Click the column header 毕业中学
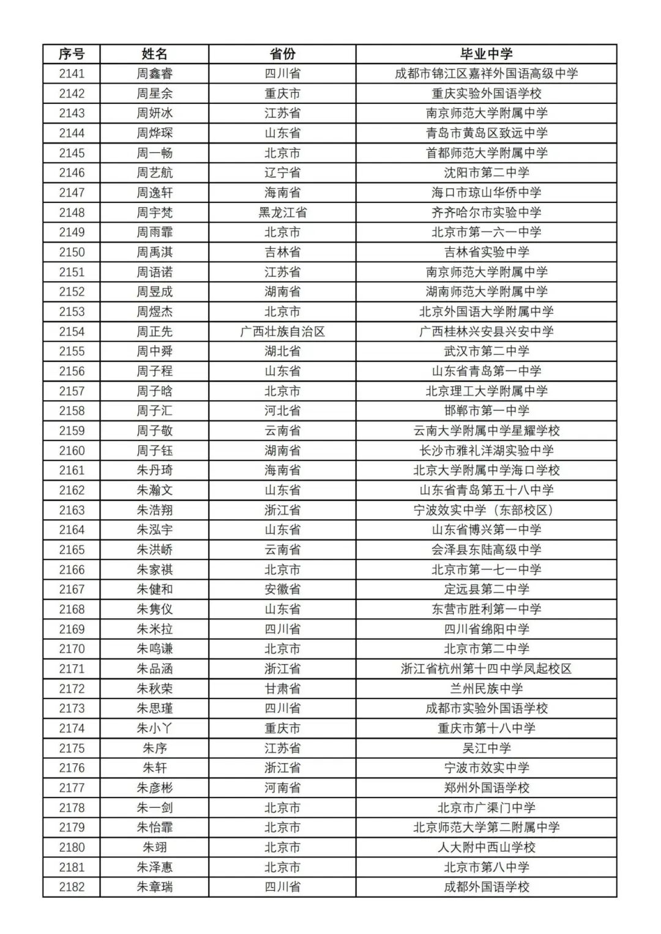(486, 54)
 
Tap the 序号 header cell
(72, 54)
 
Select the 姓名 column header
(154, 54)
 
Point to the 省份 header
(282, 54)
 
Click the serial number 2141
(72, 73)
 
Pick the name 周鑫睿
(154, 73)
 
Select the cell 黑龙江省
(282, 212)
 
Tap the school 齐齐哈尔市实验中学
(486, 212)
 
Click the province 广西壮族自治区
(282, 332)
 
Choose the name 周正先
(154, 332)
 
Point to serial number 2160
(72, 451)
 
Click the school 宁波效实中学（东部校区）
(486, 510)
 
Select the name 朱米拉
(154, 629)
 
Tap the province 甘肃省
(282, 689)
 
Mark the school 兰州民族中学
(486, 689)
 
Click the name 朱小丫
(154, 728)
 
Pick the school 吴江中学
(486, 748)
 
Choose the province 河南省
(282, 788)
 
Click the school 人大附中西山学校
(486, 847)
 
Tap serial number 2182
(72, 887)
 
